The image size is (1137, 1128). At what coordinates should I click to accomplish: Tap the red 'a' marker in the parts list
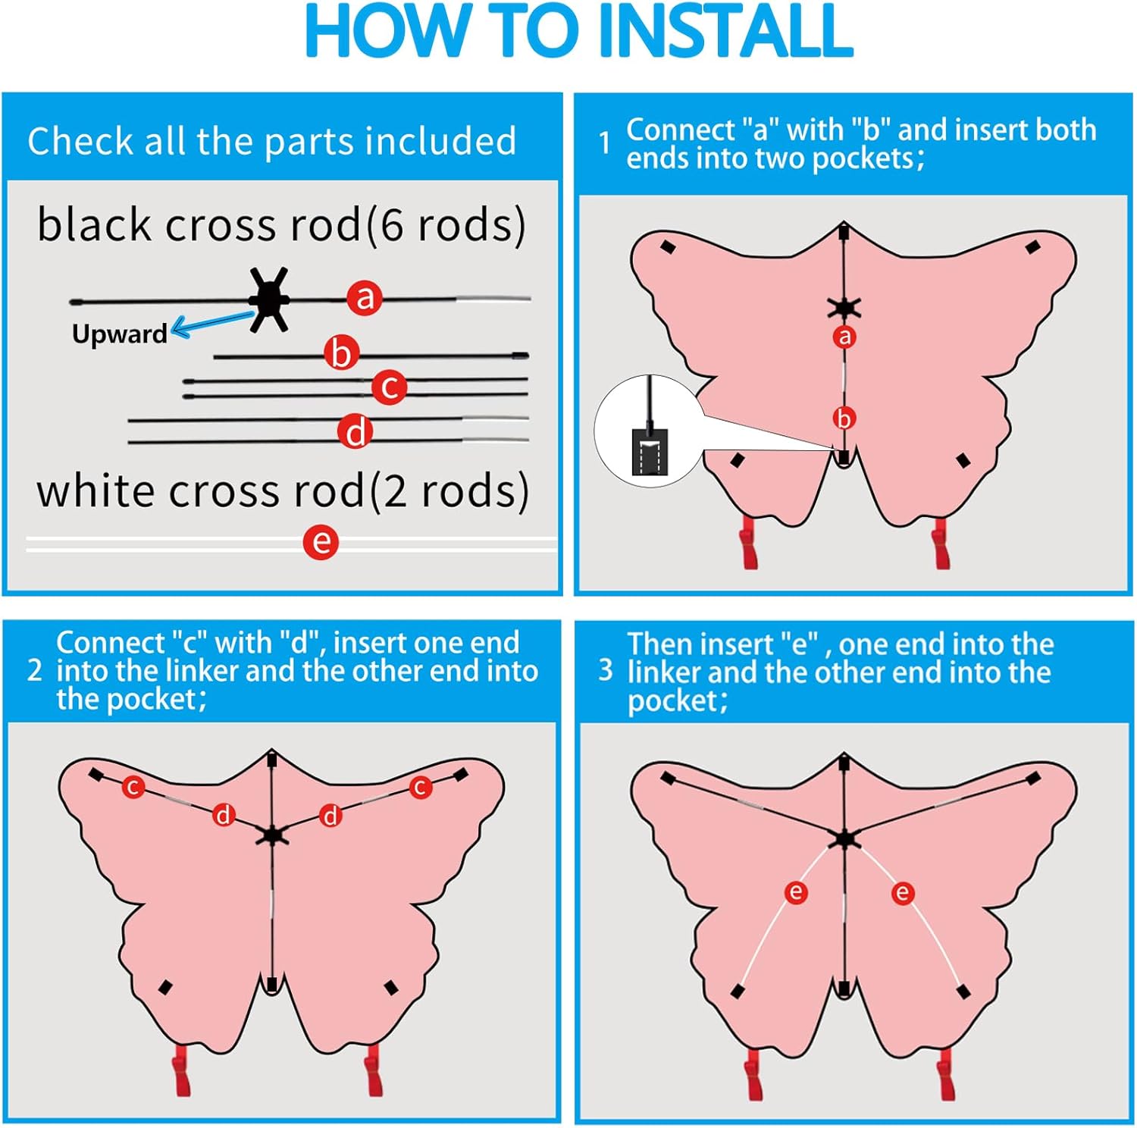pos(365,297)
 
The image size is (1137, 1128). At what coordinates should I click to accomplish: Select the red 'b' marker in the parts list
pos(341,353)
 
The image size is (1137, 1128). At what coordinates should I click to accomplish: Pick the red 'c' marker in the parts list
pos(390,387)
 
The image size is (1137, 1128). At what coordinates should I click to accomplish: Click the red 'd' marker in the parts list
pos(355,431)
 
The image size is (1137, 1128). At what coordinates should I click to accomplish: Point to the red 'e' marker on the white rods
pos(321,542)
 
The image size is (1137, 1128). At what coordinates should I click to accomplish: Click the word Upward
pos(119,334)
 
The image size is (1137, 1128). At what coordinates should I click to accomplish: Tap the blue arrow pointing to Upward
pos(212,324)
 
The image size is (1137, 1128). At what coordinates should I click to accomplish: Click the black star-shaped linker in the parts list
pos(270,299)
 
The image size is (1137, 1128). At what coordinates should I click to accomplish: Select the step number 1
pos(604,143)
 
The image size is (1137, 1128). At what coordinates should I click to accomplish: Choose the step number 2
pos(35,670)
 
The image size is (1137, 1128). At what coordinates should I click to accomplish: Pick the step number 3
pos(605,669)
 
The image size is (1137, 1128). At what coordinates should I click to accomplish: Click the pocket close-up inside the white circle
pos(650,452)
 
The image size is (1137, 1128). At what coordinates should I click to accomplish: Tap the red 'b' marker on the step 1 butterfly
pos(844,418)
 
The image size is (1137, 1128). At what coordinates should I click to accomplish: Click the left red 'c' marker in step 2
pos(133,787)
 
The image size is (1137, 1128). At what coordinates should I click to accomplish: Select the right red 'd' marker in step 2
pos(330,816)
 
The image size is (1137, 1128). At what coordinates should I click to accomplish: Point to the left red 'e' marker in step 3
pos(795,892)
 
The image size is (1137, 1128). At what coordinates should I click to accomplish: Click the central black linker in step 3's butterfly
pos(844,838)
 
